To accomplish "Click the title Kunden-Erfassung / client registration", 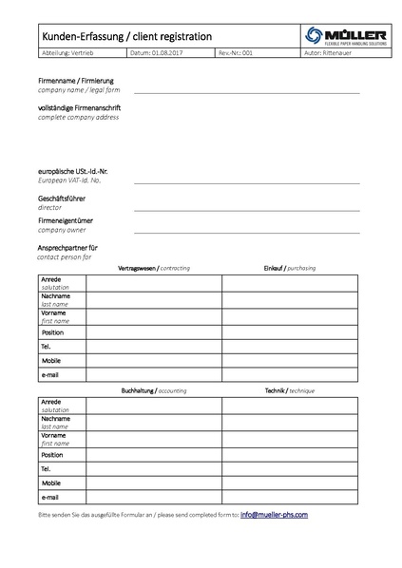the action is point(126,36).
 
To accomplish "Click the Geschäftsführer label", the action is point(62,198).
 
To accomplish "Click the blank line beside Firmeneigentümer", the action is point(246,231).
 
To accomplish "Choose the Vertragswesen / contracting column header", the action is point(154,269).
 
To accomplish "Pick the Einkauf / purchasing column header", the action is point(290,269).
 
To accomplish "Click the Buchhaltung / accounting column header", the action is point(154,391).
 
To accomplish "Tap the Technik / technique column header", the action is point(290,391).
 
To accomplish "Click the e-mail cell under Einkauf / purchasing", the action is point(290,375).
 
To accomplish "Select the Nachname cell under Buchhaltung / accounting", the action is point(154,421).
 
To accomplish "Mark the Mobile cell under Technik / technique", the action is point(290,483).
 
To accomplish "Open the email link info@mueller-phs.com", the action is point(274,514).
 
